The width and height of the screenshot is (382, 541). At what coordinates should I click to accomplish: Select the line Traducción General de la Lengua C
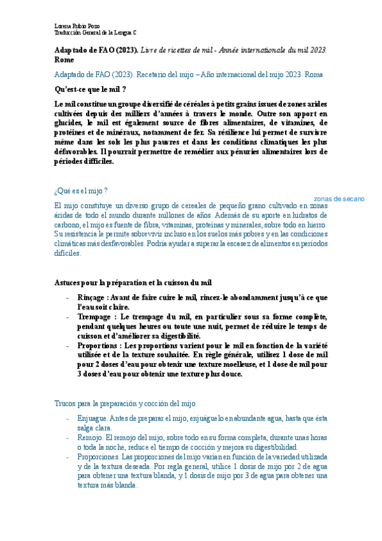95,33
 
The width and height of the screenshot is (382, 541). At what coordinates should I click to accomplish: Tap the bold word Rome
64,59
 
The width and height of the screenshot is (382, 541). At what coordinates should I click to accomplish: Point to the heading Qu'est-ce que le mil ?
91,89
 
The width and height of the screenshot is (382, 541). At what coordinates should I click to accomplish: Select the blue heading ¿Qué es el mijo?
81,191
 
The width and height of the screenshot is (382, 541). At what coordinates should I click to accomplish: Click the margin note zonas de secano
339,199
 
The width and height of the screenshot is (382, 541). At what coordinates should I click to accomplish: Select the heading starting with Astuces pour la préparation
133,282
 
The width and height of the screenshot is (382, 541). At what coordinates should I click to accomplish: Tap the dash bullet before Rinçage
68,297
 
